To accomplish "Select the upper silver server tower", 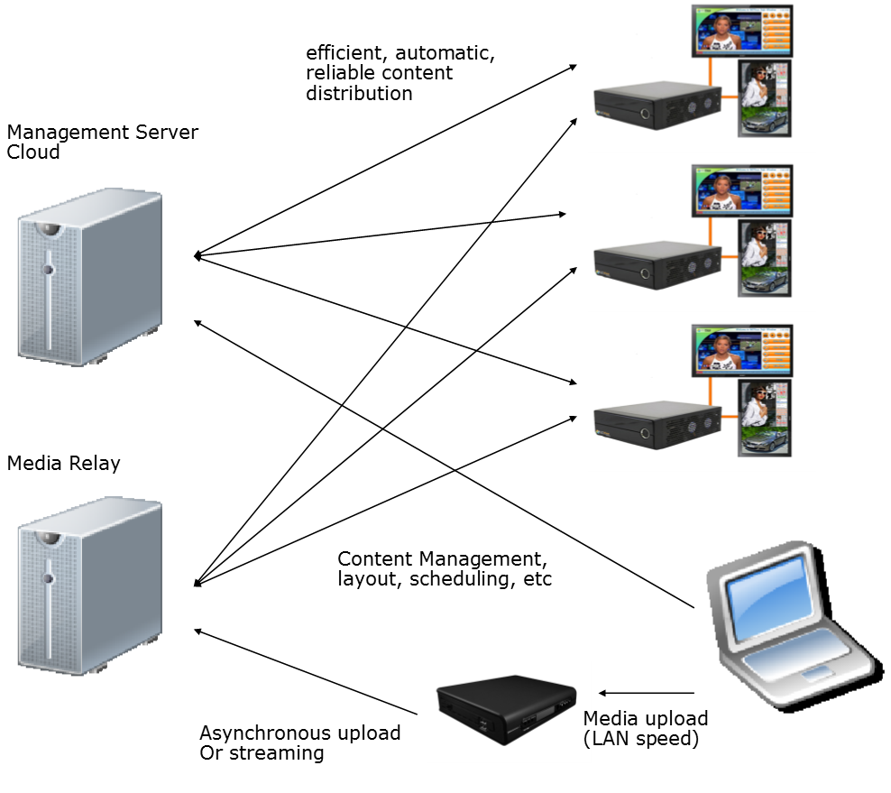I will pos(89,276).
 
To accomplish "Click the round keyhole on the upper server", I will pos(48,269).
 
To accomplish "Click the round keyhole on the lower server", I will pos(48,577).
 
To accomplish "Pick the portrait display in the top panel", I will pos(765,98).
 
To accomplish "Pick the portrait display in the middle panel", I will pos(765,258).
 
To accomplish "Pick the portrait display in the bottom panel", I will pos(765,418).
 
